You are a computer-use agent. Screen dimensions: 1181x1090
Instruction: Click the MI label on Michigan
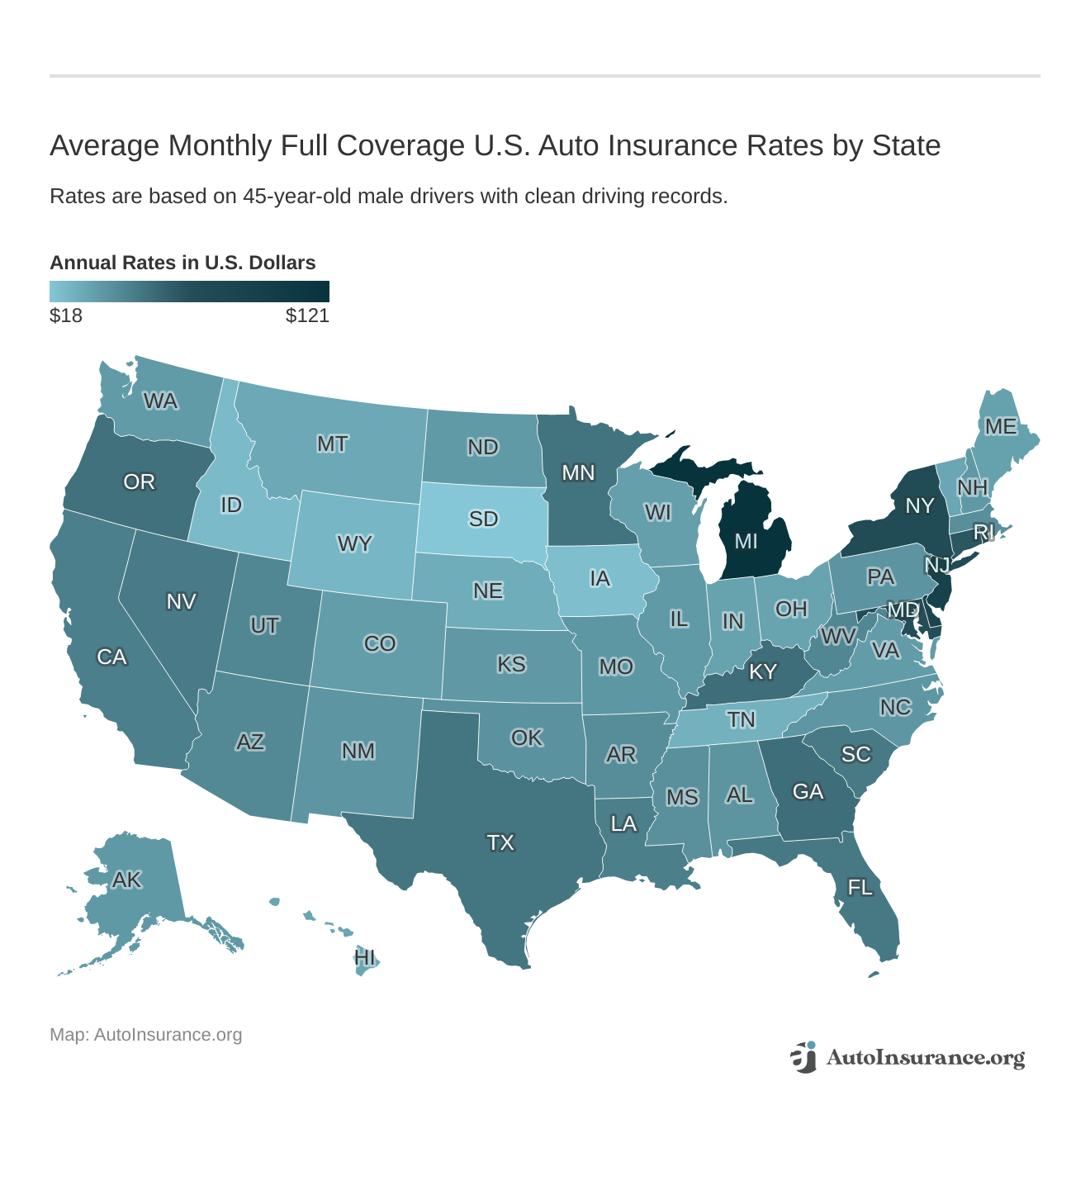(x=746, y=542)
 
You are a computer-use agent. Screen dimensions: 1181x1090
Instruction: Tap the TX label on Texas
(x=500, y=842)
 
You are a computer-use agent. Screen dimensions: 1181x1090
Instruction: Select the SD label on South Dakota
(x=483, y=519)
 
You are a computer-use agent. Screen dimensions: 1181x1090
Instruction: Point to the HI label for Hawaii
(x=364, y=958)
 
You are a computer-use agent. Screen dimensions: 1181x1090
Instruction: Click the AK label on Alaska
(x=127, y=880)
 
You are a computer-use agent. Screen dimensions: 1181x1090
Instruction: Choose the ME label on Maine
(x=1001, y=426)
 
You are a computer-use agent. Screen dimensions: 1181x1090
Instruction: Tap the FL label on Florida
(x=860, y=888)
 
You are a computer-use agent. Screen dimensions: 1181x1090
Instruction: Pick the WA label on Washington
(x=160, y=401)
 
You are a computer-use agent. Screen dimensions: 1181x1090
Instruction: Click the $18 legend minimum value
(x=66, y=315)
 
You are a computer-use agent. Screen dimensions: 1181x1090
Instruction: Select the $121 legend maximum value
(x=307, y=315)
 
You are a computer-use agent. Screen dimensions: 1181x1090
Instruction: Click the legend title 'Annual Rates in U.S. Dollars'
(x=182, y=263)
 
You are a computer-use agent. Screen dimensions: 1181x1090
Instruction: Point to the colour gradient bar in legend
(x=189, y=292)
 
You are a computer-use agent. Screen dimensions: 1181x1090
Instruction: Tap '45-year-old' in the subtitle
(x=292, y=197)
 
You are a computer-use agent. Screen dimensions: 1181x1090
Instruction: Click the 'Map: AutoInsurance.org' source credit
(x=145, y=1035)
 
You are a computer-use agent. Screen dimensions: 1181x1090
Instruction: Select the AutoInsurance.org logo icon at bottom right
(x=803, y=1057)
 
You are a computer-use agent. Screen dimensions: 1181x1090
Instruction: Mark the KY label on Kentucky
(x=762, y=671)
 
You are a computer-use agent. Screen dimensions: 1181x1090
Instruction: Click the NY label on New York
(x=919, y=505)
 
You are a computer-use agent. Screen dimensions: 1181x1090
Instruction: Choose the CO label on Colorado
(x=380, y=643)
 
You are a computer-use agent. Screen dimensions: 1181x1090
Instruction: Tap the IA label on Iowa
(x=600, y=578)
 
